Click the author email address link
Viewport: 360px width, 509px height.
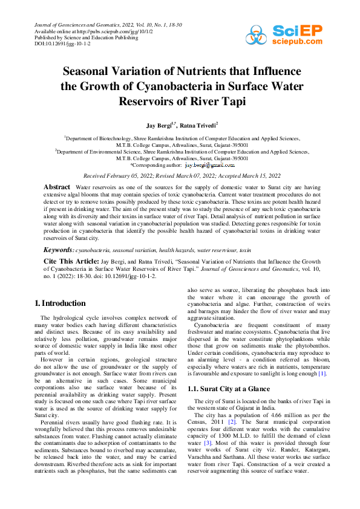click(209, 164)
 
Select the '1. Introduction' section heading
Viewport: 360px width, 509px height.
click(60, 302)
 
